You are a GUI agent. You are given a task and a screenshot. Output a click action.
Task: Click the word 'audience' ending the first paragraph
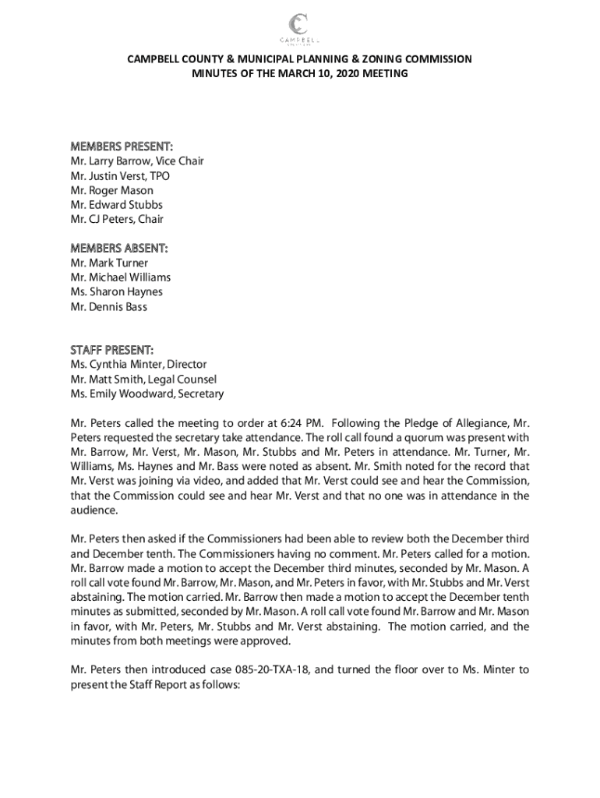pos(94,510)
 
